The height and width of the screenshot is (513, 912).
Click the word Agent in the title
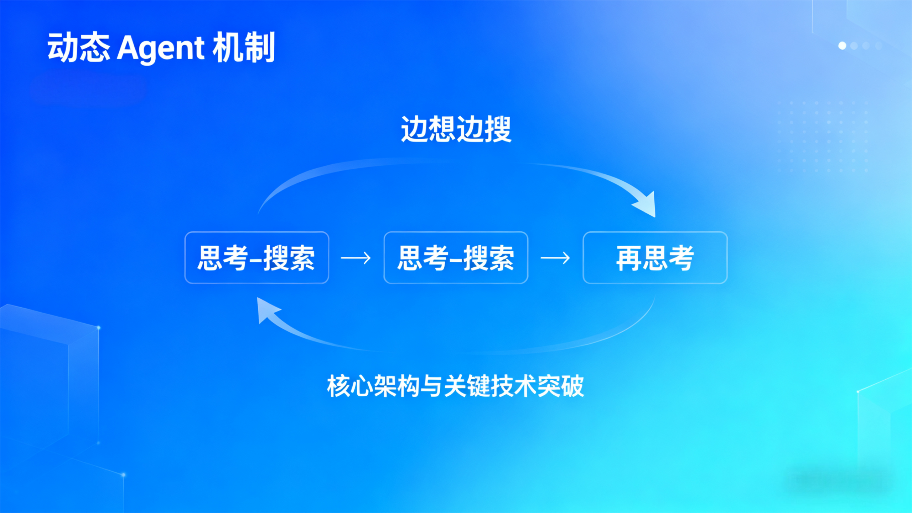pyautogui.click(x=160, y=48)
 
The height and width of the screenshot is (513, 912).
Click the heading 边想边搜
pyautogui.click(x=456, y=129)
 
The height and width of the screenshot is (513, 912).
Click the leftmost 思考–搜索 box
pyautogui.click(x=256, y=257)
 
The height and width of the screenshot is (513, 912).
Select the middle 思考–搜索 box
pyautogui.click(x=456, y=257)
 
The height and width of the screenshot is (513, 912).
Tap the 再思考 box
pyautogui.click(x=655, y=257)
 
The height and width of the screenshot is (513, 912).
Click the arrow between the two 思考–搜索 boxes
pyautogui.click(x=356, y=258)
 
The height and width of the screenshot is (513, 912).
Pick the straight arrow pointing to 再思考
pyautogui.click(x=555, y=258)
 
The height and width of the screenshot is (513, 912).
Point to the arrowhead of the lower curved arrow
pyautogui.click(x=266, y=309)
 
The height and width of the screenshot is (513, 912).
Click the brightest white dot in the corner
pyautogui.click(x=842, y=46)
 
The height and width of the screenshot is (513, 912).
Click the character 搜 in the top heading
pyautogui.click(x=498, y=129)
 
